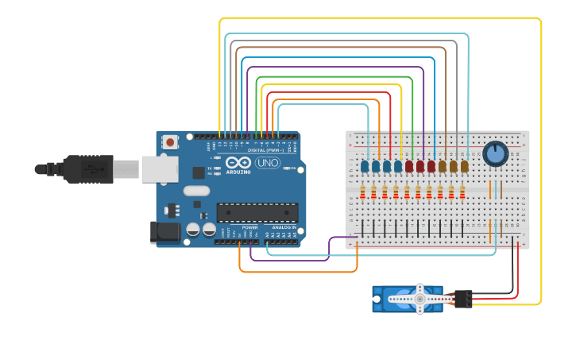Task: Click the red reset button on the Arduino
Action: (x=169, y=142)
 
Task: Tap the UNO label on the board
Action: (x=268, y=163)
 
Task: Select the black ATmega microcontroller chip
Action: (x=257, y=213)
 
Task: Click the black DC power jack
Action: (x=164, y=232)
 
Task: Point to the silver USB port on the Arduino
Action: (x=159, y=169)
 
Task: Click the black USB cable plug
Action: (x=88, y=169)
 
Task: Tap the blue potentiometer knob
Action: (x=495, y=153)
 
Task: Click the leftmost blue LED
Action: (x=365, y=166)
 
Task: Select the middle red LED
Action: (x=420, y=166)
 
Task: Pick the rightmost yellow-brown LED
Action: (x=465, y=166)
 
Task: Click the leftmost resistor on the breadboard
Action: (x=364, y=193)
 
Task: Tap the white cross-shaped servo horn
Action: (x=419, y=299)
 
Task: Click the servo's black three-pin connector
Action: (x=462, y=299)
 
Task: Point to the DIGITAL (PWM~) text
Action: (x=264, y=149)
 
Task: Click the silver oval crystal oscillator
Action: (x=196, y=191)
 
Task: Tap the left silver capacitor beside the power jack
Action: (x=193, y=230)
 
